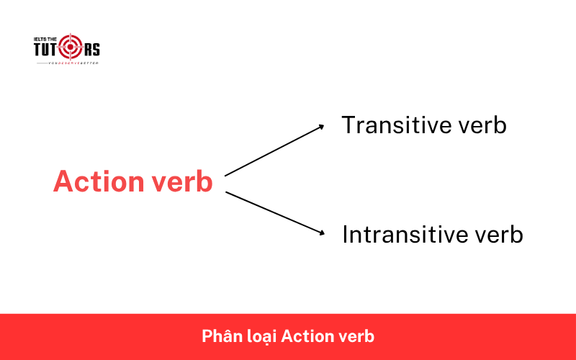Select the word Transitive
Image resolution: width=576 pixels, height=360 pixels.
tap(395, 125)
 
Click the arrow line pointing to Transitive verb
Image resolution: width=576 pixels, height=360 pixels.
tap(274, 150)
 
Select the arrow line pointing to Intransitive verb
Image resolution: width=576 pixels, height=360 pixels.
tap(274, 212)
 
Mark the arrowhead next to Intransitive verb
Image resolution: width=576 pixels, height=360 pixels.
tap(321, 233)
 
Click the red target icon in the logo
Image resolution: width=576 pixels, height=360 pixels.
tap(71, 48)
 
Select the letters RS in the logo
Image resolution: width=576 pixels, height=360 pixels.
tap(91, 49)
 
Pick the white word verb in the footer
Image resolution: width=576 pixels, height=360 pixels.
tap(358, 336)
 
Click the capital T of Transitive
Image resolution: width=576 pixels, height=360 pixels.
tap(349, 125)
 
